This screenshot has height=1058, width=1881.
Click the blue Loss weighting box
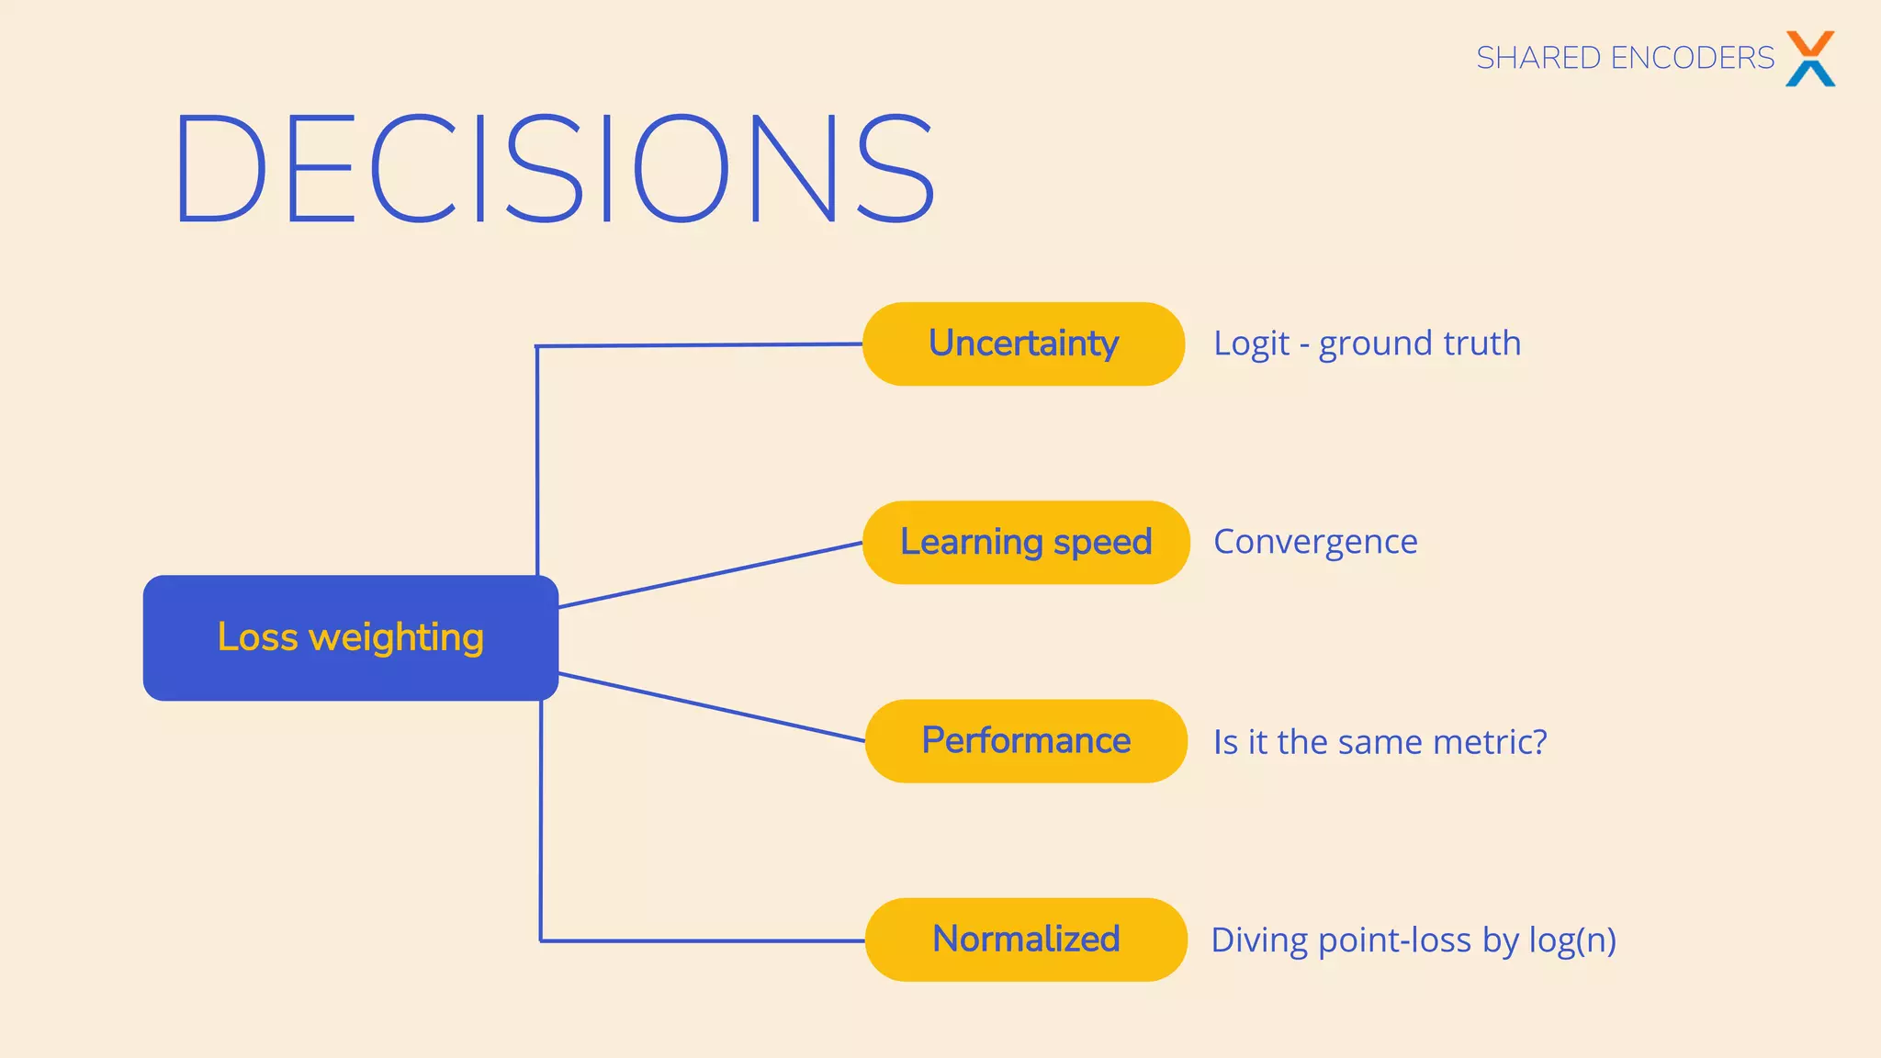pyautogui.click(x=350, y=637)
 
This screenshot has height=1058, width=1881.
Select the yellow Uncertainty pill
pyautogui.click(x=1023, y=343)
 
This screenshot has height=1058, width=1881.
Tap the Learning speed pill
pyautogui.click(x=1025, y=542)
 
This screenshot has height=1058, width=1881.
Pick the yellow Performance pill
pyautogui.click(x=1025, y=740)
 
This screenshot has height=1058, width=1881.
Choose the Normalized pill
pyautogui.click(x=1025, y=940)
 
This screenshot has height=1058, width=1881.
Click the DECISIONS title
pyautogui.click(x=554, y=169)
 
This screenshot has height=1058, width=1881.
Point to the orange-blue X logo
pyautogui.click(x=1809, y=58)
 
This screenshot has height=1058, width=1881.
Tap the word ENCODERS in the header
pyautogui.click(x=1692, y=58)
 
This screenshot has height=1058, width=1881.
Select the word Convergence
pyautogui.click(x=1314, y=542)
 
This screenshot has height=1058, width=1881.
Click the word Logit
pyautogui.click(x=1251, y=343)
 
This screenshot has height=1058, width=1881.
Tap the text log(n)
pyautogui.click(x=1571, y=940)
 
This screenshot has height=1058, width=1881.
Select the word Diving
pyautogui.click(x=1258, y=940)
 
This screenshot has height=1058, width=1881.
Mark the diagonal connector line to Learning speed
pyautogui.click(x=710, y=575)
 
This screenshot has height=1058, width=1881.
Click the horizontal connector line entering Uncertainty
pyautogui.click(x=698, y=345)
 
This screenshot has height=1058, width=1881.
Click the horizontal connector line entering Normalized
pyautogui.click(x=703, y=940)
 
